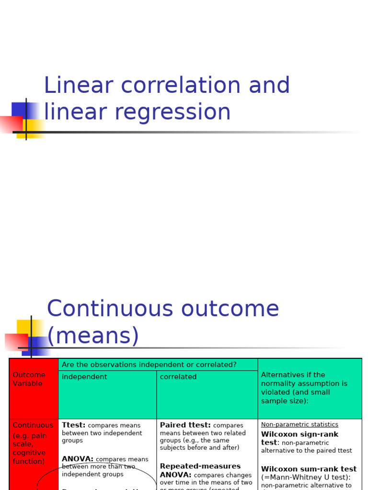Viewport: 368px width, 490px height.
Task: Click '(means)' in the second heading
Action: (x=93, y=335)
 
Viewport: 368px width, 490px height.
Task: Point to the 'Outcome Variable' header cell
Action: (x=29, y=379)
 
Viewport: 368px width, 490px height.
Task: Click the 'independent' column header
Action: (x=84, y=377)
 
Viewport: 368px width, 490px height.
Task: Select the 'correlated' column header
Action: (x=178, y=377)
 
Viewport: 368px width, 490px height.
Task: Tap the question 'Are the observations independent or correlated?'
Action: (x=149, y=365)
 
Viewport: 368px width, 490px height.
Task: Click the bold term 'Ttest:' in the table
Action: (x=74, y=425)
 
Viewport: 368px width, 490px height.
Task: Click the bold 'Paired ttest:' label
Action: (x=185, y=425)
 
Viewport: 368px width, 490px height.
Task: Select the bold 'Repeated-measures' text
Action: (x=200, y=466)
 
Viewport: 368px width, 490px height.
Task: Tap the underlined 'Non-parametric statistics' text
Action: (x=299, y=424)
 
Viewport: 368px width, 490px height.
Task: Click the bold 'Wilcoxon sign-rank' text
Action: (x=299, y=434)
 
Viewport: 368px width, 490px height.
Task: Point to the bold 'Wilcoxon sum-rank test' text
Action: (x=309, y=469)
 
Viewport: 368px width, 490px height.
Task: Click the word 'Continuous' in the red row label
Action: (x=33, y=425)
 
